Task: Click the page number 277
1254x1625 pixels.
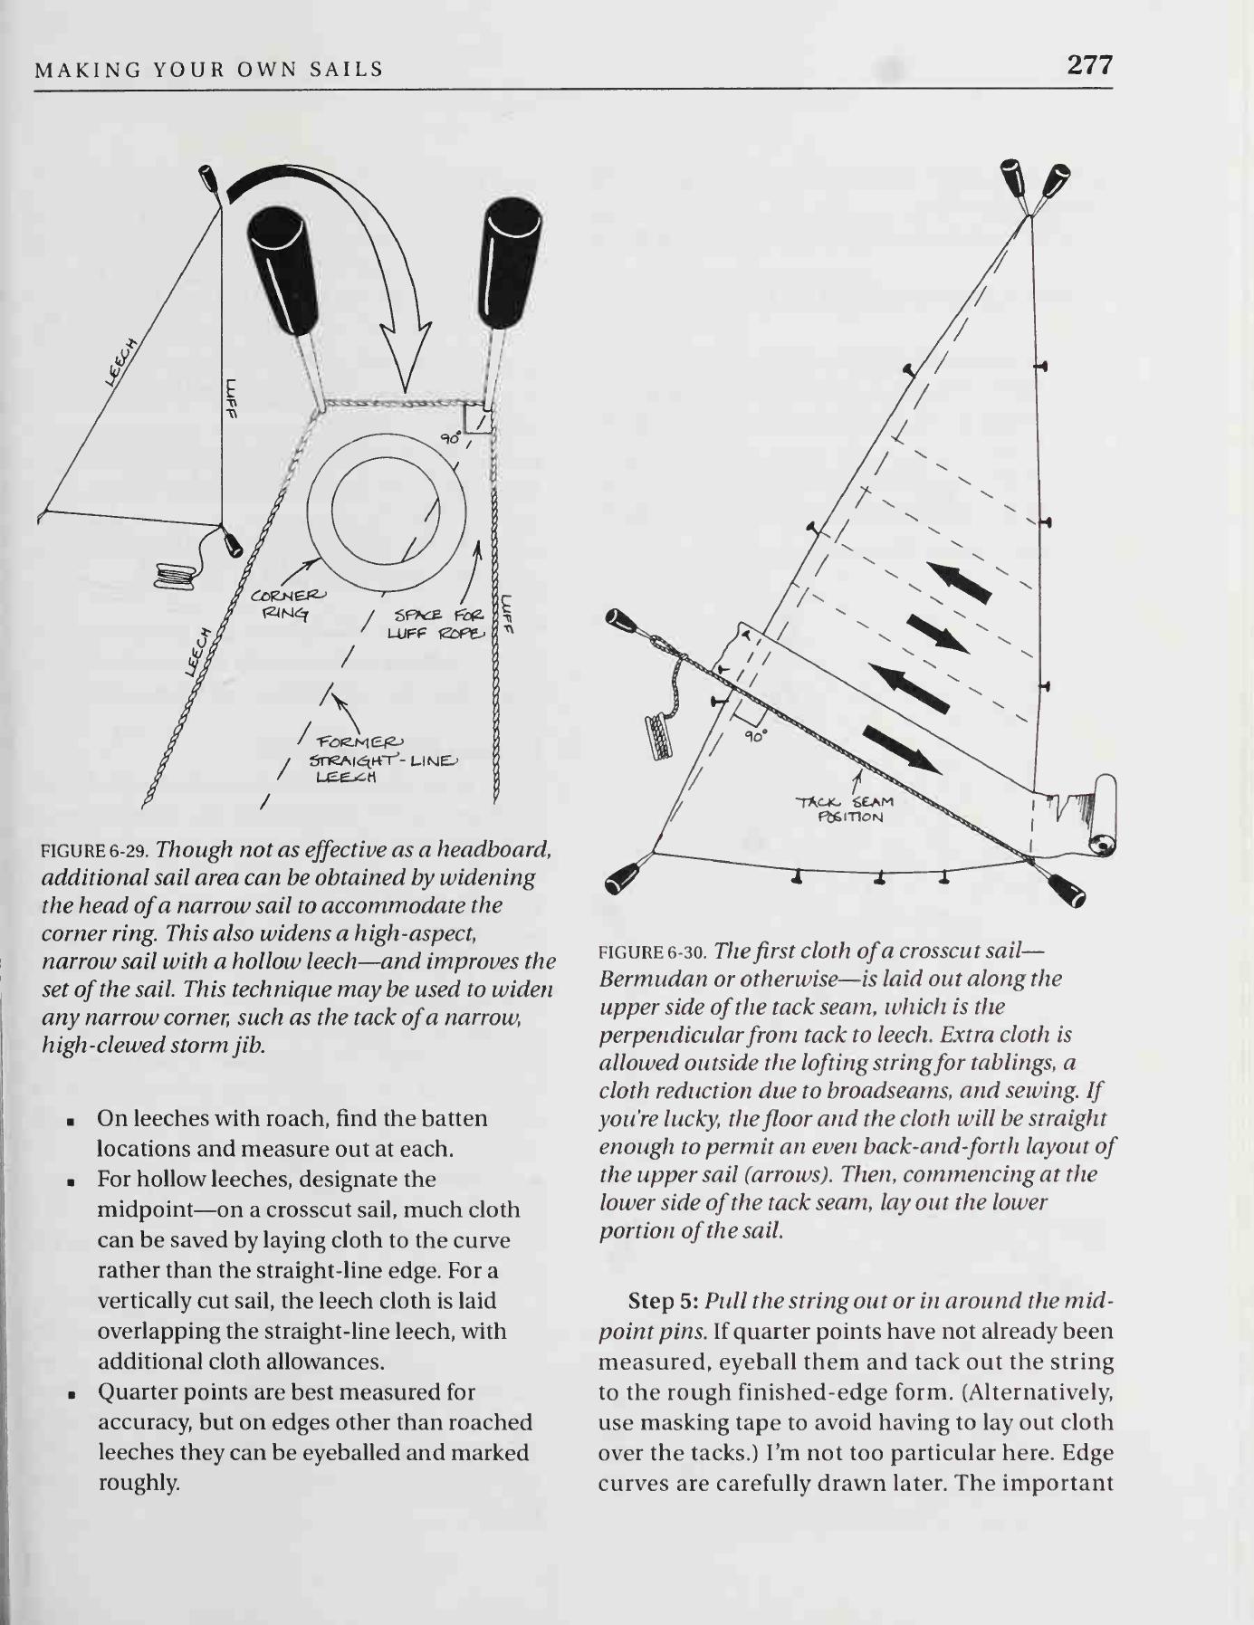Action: tap(1089, 65)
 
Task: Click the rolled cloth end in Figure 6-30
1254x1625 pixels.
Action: tap(1102, 815)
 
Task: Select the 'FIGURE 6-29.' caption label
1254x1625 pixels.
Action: tap(95, 852)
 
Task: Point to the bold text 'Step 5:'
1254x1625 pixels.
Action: tap(663, 1302)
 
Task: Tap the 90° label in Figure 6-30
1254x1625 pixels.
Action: tap(754, 736)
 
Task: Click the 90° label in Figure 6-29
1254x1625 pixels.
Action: tap(450, 439)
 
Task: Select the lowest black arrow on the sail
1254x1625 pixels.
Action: tap(901, 748)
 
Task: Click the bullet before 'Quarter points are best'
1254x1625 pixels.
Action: tap(70, 1393)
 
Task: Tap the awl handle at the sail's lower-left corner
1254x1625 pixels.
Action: tap(624, 875)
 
